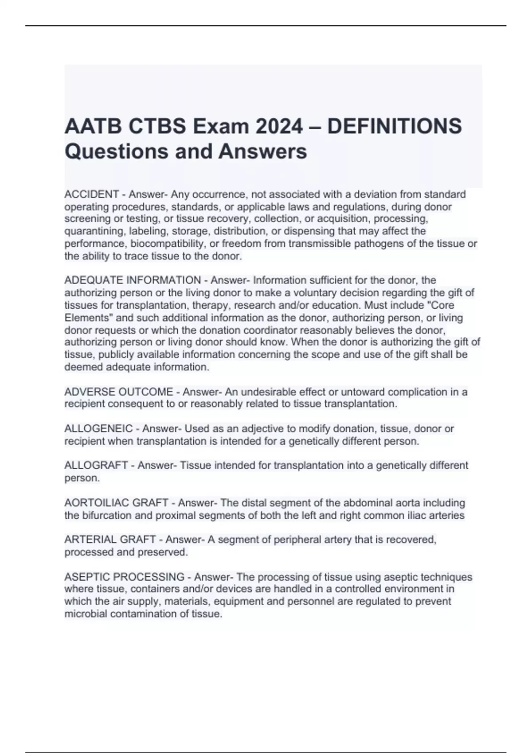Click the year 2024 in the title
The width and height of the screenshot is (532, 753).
point(277,127)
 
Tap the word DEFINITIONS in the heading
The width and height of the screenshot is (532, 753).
point(395,127)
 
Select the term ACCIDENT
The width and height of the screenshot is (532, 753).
point(91,194)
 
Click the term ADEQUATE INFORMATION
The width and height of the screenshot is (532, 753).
point(133,280)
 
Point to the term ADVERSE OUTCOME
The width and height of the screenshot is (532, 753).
point(118,392)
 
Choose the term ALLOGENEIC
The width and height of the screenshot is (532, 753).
point(98,429)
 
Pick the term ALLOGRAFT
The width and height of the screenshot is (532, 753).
point(96,466)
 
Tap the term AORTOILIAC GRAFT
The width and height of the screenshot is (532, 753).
point(116,503)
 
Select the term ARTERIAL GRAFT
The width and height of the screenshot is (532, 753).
point(110,540)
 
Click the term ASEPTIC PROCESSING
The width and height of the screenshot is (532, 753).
point(124,577)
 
